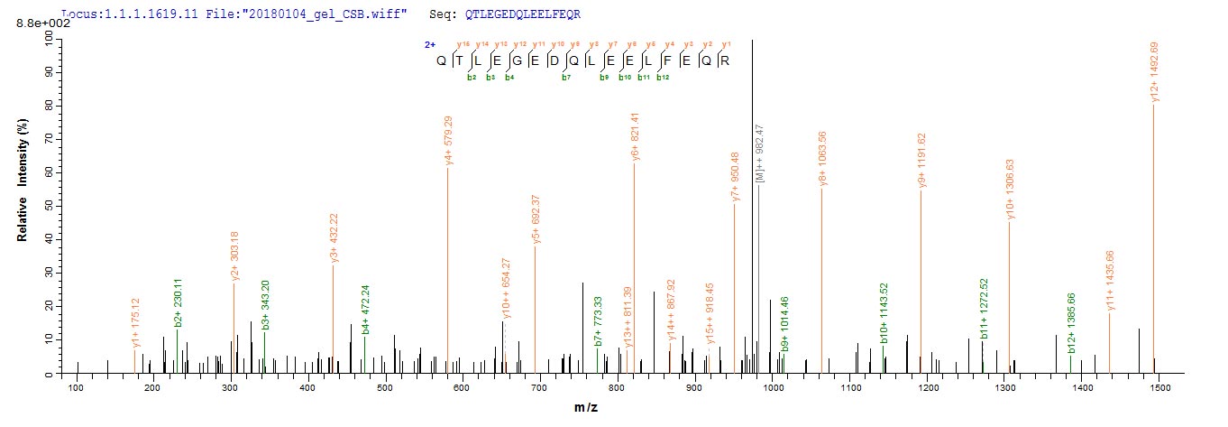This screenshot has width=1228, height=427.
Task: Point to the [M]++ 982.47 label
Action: (759, 157)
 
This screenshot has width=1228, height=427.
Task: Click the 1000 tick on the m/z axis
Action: (773, 387)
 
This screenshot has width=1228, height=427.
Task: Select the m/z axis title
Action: (585, 408)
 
